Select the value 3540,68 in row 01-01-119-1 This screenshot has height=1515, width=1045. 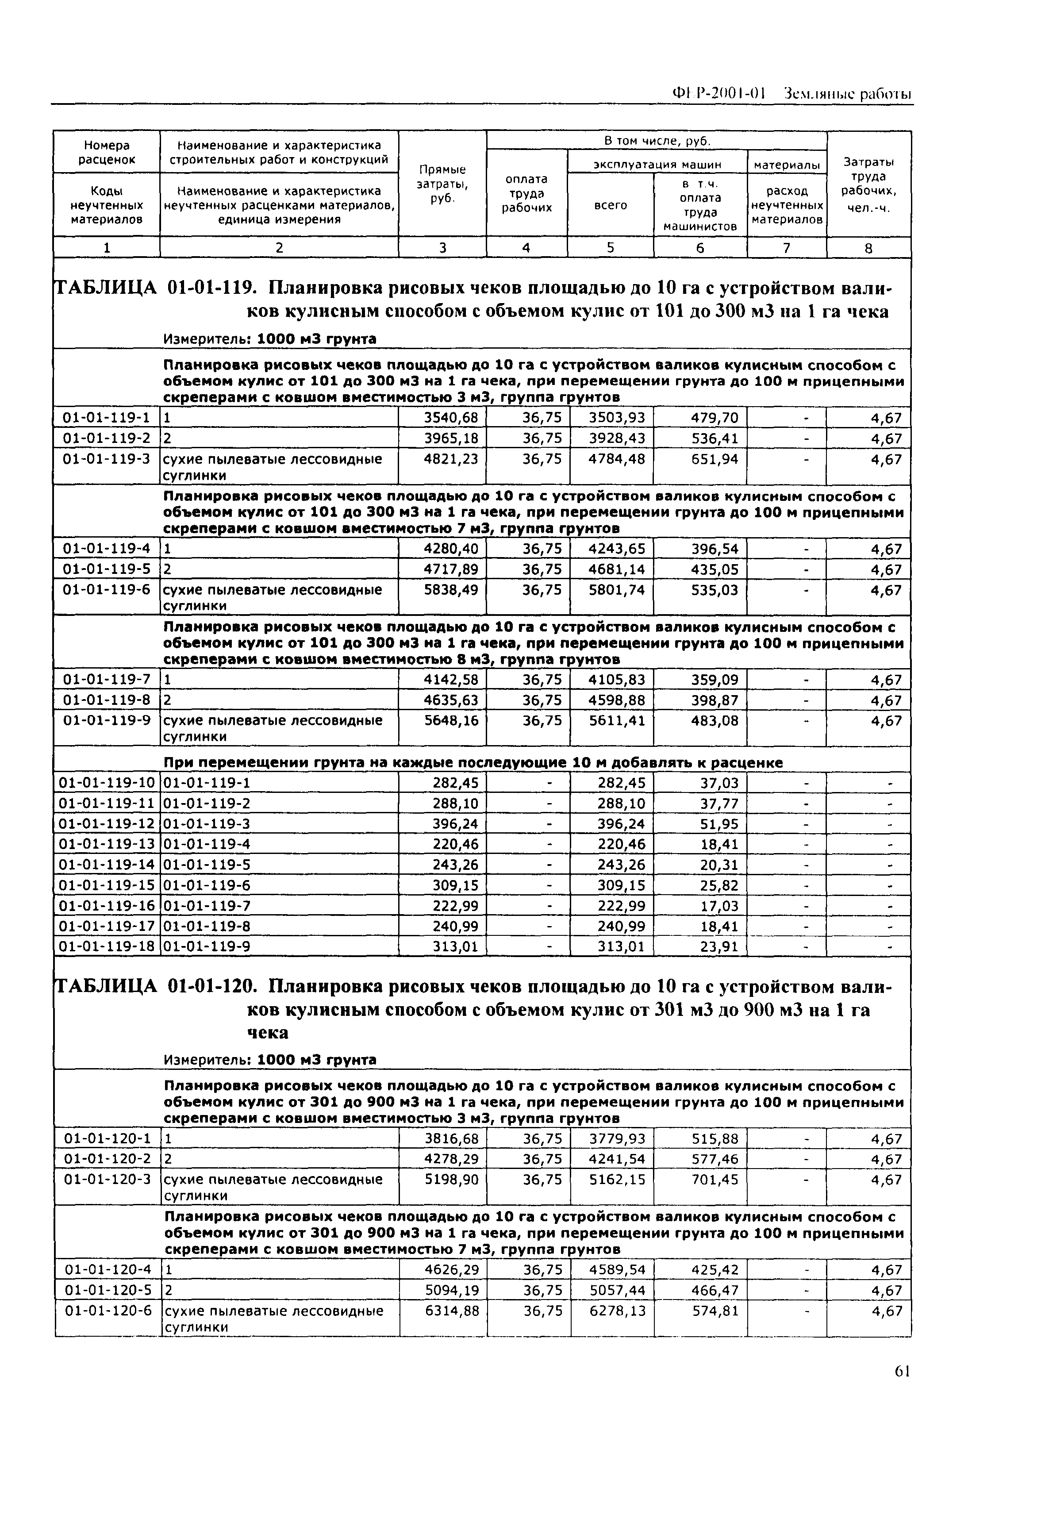(x=451, y=418)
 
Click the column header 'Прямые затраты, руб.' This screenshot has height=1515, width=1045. (x=442, y=184)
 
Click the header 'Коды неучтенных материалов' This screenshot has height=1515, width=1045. (x=106, y=205)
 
